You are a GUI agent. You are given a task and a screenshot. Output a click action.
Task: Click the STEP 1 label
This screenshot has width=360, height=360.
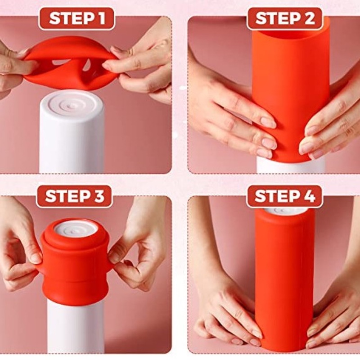76,18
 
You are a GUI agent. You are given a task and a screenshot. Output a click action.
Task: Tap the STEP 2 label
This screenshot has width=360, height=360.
285,18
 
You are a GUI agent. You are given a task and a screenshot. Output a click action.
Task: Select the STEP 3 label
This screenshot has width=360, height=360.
75,196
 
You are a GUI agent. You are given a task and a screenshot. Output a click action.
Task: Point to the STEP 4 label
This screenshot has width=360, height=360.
285,196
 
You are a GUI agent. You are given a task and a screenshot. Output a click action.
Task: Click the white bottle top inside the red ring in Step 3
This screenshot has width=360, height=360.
75,229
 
